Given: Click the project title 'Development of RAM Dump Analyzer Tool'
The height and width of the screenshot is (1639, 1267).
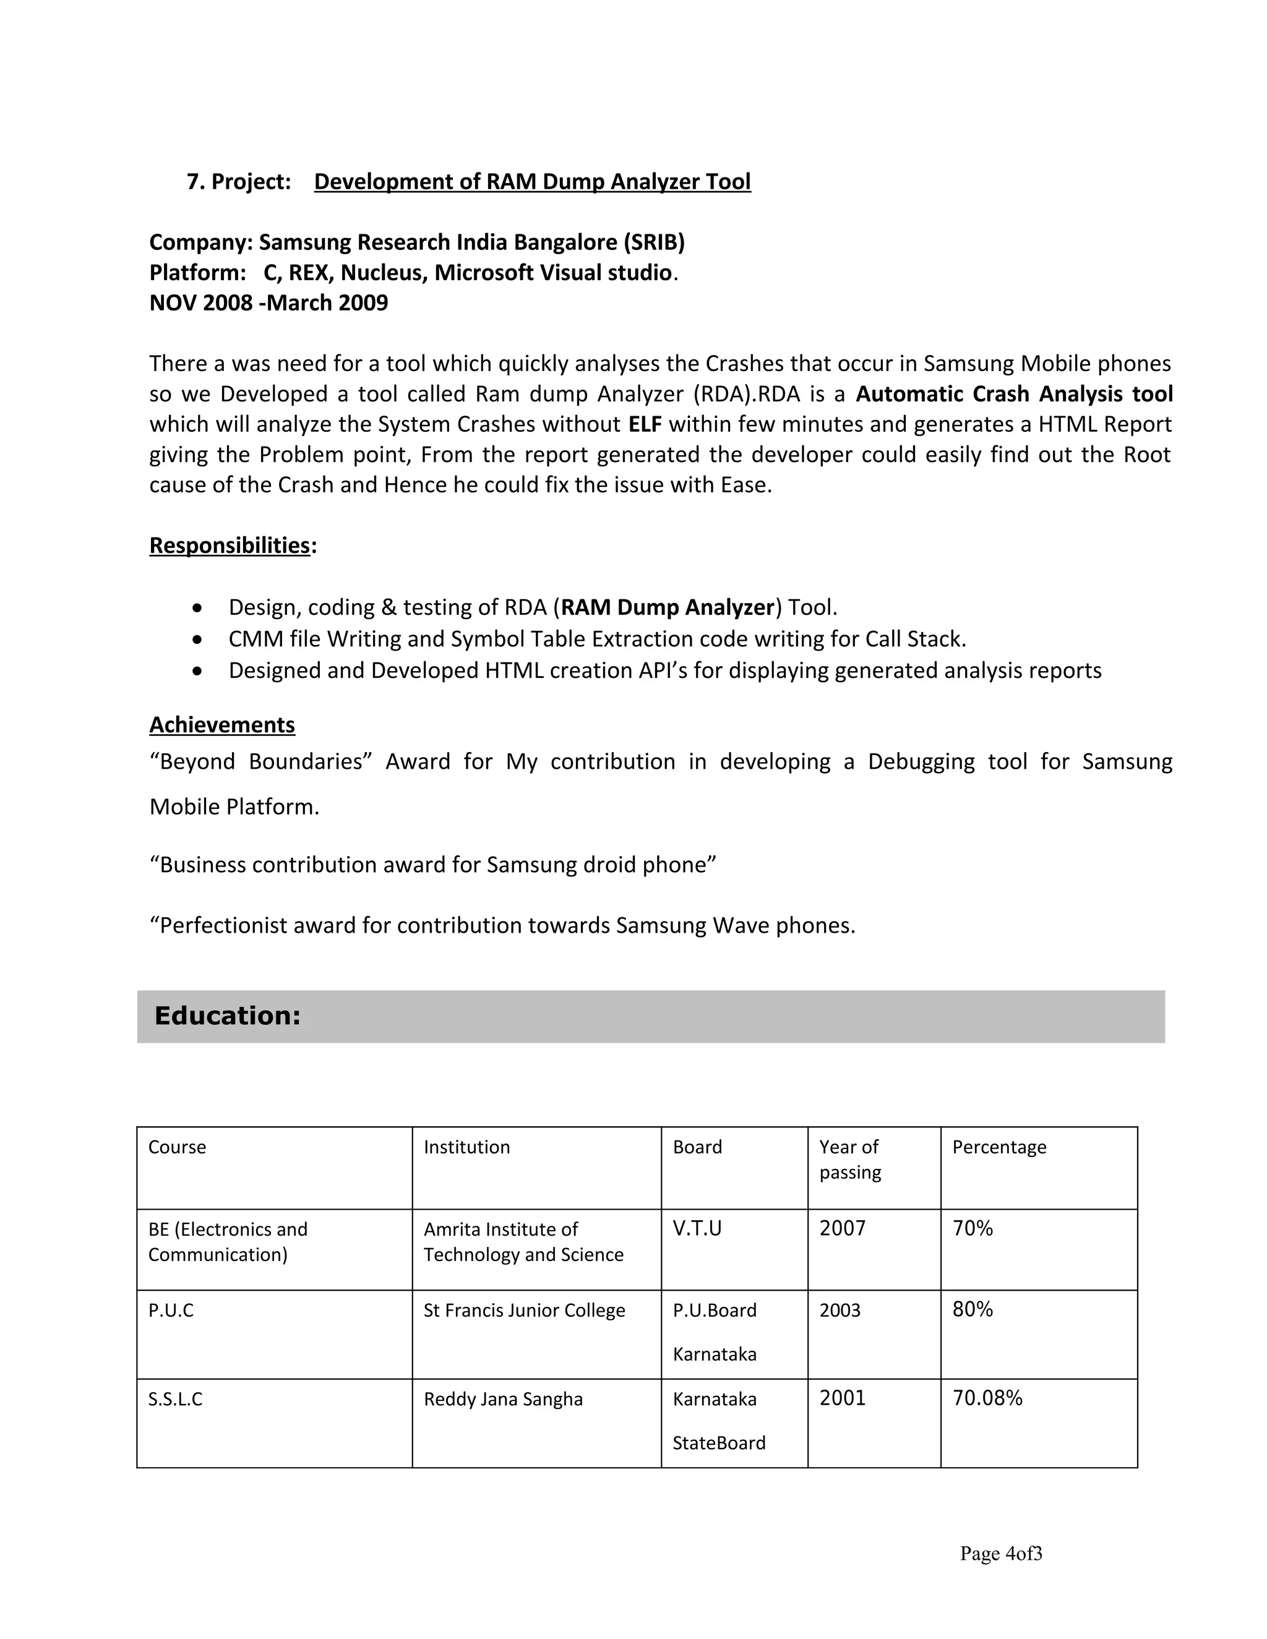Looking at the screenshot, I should click(x=531, y=182).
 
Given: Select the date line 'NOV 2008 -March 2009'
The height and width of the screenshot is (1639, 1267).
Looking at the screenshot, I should click(x=268, y=303).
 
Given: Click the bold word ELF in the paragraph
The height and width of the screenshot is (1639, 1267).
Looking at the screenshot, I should click(x=645, y=425).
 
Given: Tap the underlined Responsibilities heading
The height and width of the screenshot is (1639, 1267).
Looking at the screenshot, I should click(x=229, y=546).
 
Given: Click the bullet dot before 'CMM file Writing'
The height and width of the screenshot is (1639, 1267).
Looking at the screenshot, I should click(x=197, y=640).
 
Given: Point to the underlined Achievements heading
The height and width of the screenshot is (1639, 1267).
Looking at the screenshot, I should click(x=221, y=725).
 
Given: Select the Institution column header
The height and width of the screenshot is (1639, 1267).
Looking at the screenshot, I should click(x=466, y=1147).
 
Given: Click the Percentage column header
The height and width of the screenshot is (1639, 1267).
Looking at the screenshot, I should click(x=999, y=1147).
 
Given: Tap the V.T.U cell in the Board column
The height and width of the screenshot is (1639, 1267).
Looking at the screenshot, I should click(x=697, y=1228).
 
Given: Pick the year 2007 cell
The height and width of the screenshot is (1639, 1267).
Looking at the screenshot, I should click(x=842, y=1228).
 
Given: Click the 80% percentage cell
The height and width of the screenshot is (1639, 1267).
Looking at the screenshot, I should click(x=972, y=1309).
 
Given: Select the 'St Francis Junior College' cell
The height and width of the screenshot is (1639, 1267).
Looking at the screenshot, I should click(x=524, y=1311).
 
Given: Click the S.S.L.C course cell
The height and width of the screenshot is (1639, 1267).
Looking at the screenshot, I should click(x=175, y=1399).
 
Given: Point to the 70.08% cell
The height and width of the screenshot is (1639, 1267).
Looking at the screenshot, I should click(x=987, y=1398).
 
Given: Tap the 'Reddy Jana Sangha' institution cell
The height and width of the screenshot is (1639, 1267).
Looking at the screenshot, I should click(x=503, y=1399).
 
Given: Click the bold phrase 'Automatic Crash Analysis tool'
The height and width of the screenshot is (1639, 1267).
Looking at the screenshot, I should click(x=1014, y=394).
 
